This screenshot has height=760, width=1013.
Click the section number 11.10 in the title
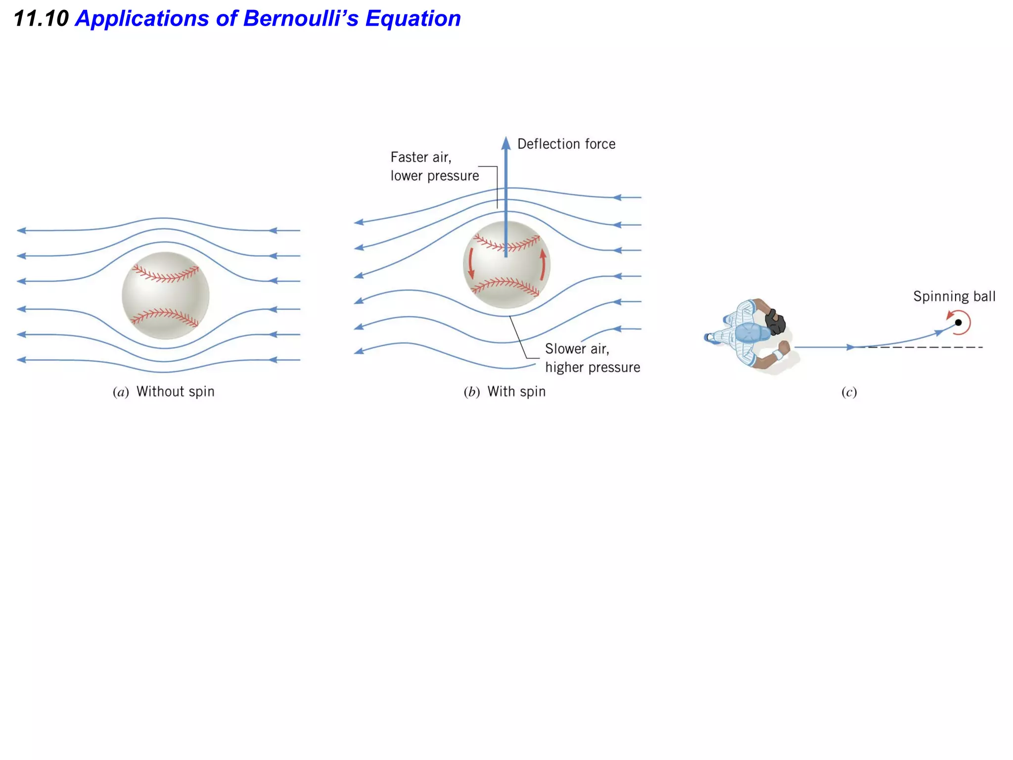click(41, 19)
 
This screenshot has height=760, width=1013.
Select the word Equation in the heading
click(413, 19)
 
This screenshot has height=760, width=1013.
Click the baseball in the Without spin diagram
click(165, 296)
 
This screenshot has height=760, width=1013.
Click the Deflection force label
click(566, 144)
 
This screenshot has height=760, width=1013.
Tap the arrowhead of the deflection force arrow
click(506, 143)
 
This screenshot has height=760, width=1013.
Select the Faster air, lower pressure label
click(434, 166)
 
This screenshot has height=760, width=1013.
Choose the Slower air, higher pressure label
click(592, 358)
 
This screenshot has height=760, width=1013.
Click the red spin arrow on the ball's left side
click(471, 263)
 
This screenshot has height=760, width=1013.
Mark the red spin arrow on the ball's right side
click(543, 264)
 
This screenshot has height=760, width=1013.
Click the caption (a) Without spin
click(164, 392)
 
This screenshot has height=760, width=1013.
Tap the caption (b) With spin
click(505, 392)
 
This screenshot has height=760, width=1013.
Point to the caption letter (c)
click(849, 392)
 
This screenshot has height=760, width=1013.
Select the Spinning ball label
click(954, 296)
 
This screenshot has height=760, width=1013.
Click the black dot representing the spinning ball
click(958, 323)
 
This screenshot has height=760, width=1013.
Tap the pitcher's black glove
click(775, 322)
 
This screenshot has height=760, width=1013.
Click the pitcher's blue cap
click(751, 333)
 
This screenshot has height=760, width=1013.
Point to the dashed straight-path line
click(925, 347)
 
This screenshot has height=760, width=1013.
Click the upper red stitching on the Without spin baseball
click(166, 274)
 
